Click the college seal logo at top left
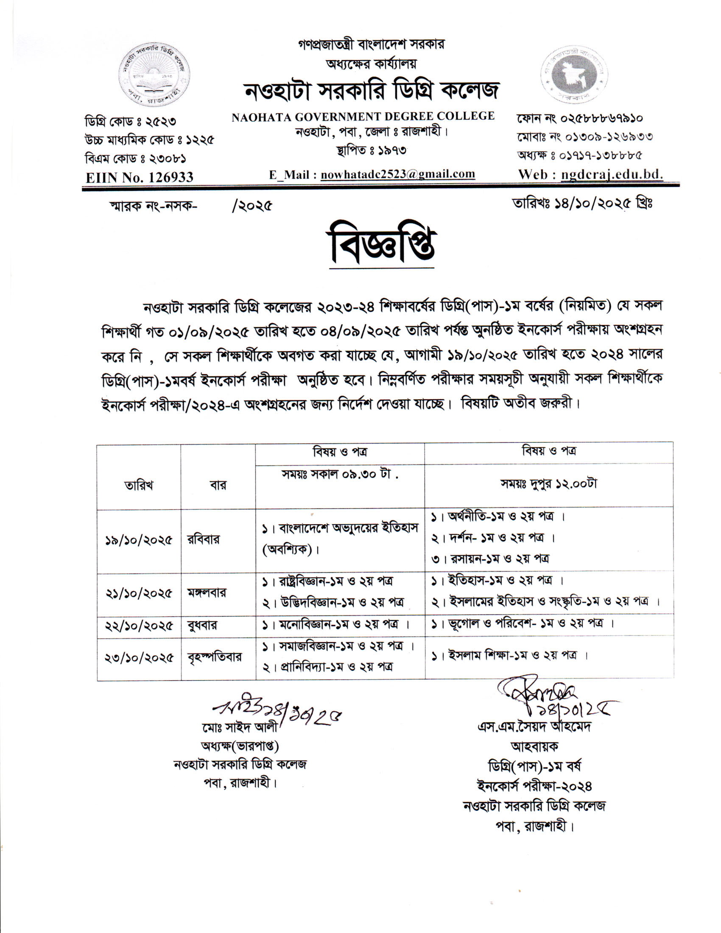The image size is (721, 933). click(154, 74)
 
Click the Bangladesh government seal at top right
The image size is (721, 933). click(575, 75)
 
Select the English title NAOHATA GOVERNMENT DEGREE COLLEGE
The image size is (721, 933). click(363, 116)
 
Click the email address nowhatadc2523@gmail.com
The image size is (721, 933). click(398, 174)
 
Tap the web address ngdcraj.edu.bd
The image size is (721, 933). click(612, 174)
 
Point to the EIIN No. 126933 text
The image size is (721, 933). click(140, 177)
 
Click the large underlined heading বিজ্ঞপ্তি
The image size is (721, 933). click(381, 248)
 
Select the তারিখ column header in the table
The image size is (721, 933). click(139, 485)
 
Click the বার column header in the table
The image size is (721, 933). click(218, 485)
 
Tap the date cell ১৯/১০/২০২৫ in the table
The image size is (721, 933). click(139, 540)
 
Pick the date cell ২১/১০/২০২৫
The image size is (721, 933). click(139, 593)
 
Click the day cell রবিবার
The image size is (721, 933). click(203, 539)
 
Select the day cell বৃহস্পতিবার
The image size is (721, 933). click(215, 656)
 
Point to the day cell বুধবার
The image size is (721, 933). click(202, 626)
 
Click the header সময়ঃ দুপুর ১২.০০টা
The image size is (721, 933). click(548, 483)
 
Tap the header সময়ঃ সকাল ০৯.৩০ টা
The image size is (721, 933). click(340, 474)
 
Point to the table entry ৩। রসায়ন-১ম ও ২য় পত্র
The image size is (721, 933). click(490, 559)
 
